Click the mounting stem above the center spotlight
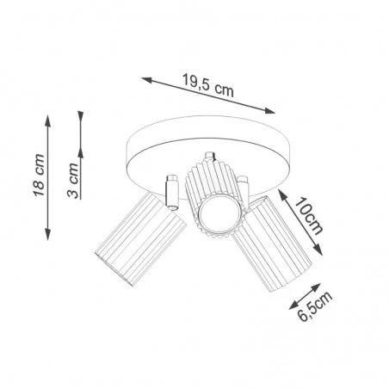(208, 158)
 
